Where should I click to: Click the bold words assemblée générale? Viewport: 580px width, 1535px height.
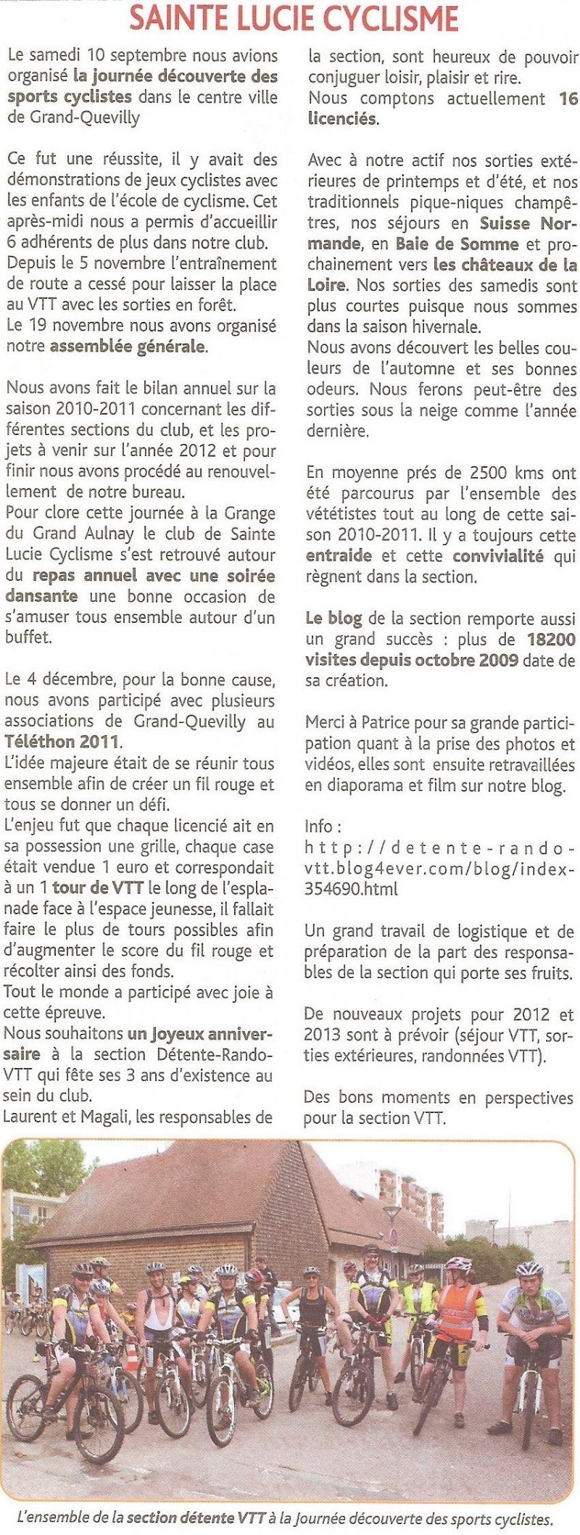(x=128, y=347)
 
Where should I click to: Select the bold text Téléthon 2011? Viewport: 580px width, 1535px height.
(x=62, y=742)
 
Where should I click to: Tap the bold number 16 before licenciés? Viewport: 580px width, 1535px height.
(x=568, y=98)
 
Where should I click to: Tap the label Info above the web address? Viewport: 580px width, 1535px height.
(x=318, y=827)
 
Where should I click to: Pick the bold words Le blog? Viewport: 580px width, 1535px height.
(x=333, y=618)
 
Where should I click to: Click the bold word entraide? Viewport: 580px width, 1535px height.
(x=339, y=556)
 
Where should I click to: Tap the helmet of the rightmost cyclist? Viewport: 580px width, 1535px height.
(x=529, y=1269)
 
